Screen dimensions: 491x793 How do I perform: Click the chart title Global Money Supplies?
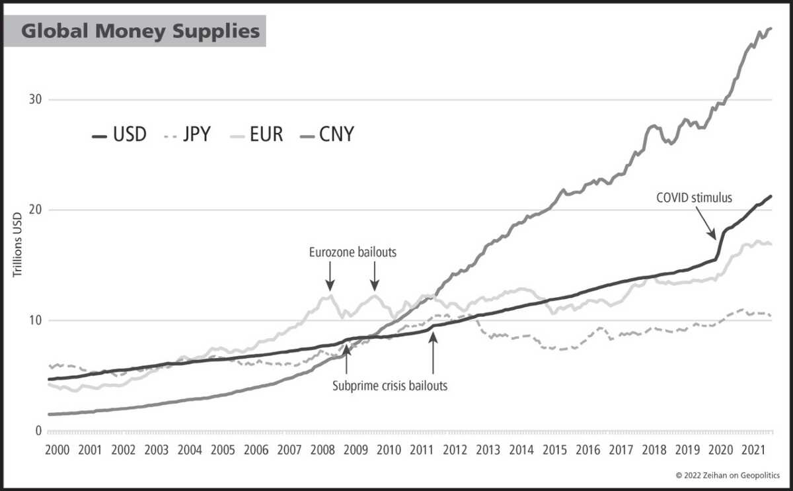pyautogui.click(x=141, y=31)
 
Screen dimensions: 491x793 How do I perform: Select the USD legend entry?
pyautogui.click(x=119, y=136)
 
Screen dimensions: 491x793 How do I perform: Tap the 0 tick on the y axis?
pyautogui.click(x=39, y=431)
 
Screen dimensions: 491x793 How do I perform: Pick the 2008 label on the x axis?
pyautogui.click(x=322, y=449)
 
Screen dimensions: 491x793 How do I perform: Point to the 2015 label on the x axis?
pyautogui.click(x=554, y=449)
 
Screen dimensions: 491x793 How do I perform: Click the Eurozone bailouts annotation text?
pyautogui.click(x=353, y=252)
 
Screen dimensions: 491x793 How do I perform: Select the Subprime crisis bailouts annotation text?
pyautogui.click(x=390, y=385)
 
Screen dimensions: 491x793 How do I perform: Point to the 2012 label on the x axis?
pyautogui.click(x=455, y=449)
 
